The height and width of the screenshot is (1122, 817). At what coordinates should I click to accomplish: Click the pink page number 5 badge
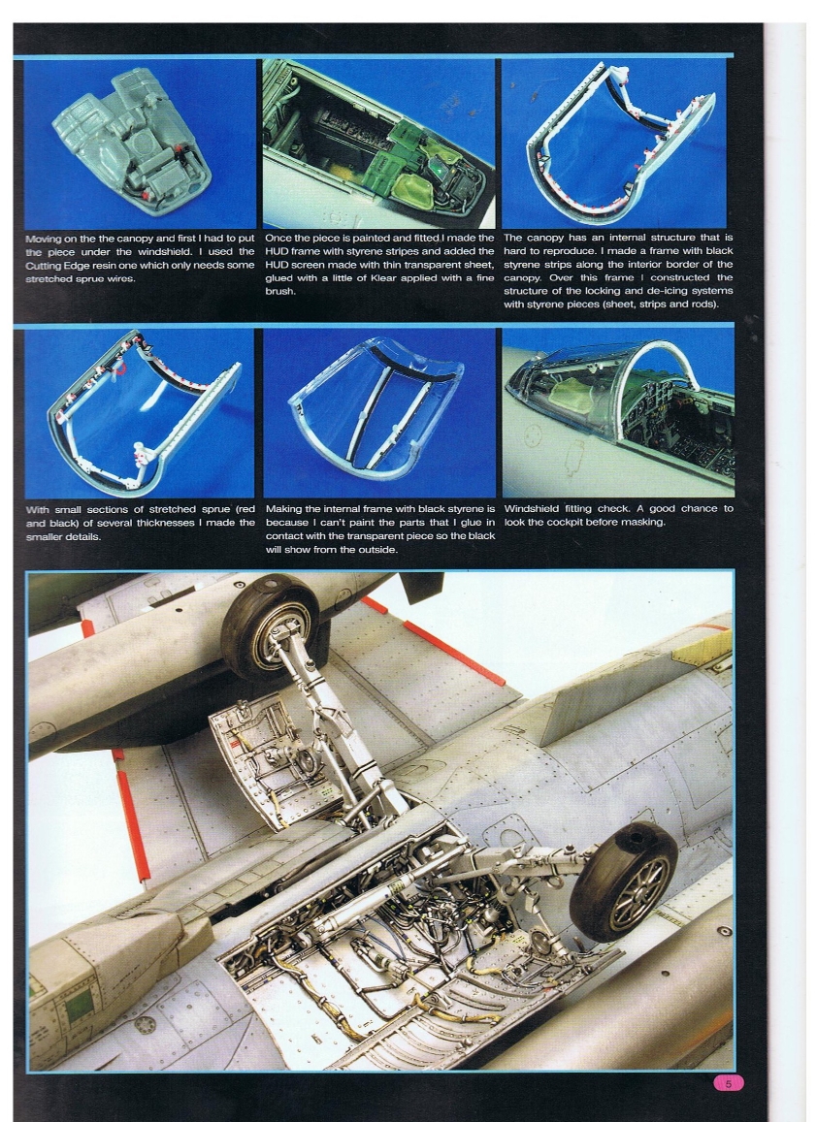click(728, 1082)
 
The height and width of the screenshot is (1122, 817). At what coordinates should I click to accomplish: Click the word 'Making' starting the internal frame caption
click(285, 508)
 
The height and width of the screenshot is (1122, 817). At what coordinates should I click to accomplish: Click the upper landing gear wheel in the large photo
click(269, 626)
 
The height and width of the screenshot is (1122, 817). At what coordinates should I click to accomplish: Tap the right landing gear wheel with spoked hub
click(623, 881)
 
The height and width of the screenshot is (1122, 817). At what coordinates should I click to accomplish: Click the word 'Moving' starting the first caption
click(45, 238)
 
